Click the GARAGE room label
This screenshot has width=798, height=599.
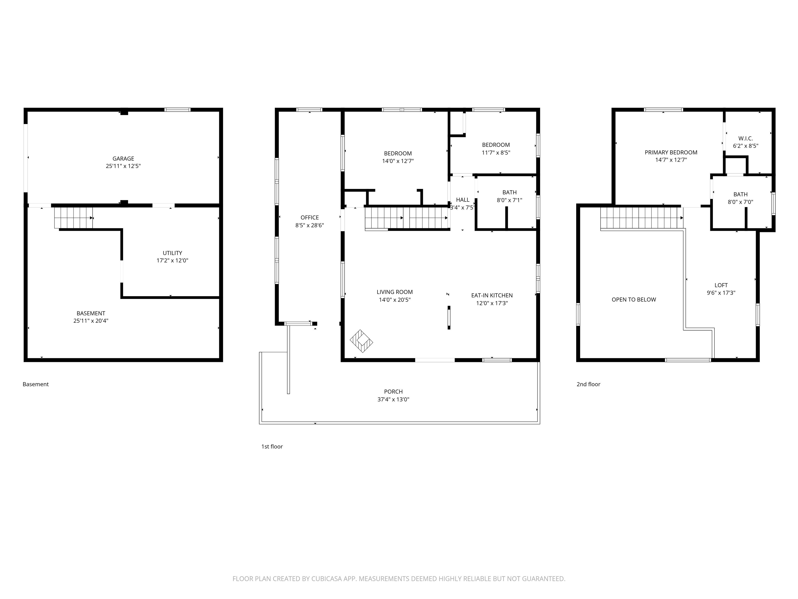[x=123, y=159]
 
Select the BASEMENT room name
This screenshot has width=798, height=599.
[x=91, y=313]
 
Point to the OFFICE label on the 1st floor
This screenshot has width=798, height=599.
[x=310, y=217]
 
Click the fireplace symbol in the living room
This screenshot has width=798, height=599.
[x=361, y=341]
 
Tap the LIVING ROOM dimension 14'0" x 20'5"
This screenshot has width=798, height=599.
[x=394, y=300]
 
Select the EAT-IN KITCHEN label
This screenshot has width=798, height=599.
[x=492, y=295]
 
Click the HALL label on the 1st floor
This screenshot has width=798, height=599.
[x=462, y=200]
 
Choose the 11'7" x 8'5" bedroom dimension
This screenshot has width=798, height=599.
[x=496, y=152]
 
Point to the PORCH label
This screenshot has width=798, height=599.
[x=393, y=391]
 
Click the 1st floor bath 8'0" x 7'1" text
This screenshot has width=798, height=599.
[x=509, y=200]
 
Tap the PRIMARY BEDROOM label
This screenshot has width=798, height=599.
[x=671, y=152]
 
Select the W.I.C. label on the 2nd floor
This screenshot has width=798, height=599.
[x=745, y=138]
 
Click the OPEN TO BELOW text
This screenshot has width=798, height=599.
[x=634, y=299]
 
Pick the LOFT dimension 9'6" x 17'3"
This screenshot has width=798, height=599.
[x=721, y=293]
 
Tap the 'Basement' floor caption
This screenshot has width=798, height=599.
[x=35, y=384]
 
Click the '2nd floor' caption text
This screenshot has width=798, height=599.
[x=588, y=384]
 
